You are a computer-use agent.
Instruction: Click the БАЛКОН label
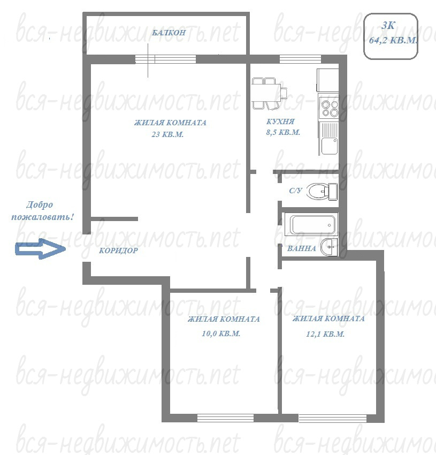click(169, 32)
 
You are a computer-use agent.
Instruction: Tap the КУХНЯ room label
click(280, 122)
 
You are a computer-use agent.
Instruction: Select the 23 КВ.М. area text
click(167, 134)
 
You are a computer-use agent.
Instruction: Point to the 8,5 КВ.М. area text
click(283, 132)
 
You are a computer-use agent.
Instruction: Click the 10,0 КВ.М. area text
click(221, 333)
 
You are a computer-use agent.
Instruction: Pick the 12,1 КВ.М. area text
click(325, 334)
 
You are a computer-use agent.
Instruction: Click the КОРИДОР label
click(118, 251)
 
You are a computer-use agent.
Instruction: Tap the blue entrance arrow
click(40, 249)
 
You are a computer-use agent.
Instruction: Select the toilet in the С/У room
click(322, 192)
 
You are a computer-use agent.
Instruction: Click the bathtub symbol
click(311, 224)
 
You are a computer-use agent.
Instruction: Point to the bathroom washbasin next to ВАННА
click(329, 247)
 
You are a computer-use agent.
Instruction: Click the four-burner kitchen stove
click(328, 108)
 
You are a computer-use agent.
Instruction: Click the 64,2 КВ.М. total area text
click(393, 40)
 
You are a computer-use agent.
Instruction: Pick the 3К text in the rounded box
click(388, 26)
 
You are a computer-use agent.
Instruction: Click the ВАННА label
click(301, 248)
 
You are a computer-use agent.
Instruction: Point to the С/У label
click(296, 191)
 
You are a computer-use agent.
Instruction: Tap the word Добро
click(40, 205)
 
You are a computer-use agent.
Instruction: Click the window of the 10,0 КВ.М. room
click(225, 418)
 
